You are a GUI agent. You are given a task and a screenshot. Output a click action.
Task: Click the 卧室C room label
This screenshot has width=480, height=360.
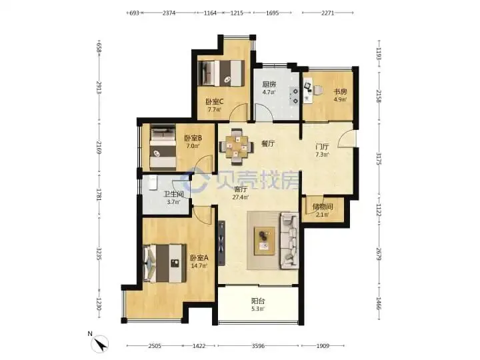pyautogui.click(x=214, y=101)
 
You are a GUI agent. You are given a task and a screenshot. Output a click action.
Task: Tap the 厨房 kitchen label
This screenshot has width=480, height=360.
pyautogui.click(x=269, y=84)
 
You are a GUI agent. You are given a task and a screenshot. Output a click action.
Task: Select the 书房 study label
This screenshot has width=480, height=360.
pyautogui.click(x=340, y=91)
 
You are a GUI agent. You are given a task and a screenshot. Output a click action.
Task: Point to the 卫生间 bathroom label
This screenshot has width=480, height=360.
pyautogui.click(x=173, y=194)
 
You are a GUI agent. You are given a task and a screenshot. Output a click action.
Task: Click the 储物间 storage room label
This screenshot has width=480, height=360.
pyautogui.click(x=323, y=207)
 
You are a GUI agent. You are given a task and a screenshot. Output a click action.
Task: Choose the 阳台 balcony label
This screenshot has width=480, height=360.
pyautogui.click(x=258, y=301)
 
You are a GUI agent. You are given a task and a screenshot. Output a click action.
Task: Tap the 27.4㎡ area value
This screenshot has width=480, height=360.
pyautogui.click(x=240, y=197)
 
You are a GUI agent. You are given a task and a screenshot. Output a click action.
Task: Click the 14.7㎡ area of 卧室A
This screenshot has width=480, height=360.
pyautogui.click(x=199, y=266)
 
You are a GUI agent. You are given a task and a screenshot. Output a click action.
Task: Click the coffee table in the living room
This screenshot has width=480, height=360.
pyautogui.click(x=264, y=241)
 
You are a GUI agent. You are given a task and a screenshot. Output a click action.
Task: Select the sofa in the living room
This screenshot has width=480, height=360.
pyautogui.click(x=289, y=241)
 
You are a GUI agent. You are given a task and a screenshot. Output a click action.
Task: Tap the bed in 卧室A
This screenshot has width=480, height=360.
pyautogui.click(x=165, y=263)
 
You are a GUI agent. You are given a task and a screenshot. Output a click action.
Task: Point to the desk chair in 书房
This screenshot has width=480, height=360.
pyautogui.click(x=318, y=90)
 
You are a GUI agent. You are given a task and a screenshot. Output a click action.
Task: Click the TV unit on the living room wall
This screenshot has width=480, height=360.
pyautogui.click(x=221, y=243)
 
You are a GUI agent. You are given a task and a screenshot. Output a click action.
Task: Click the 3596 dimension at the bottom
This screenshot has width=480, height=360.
pyautogui.click(x=258, y=346)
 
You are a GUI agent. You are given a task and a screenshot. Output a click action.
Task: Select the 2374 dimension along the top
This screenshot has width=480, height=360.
pyautogui.click(x=169, y=13)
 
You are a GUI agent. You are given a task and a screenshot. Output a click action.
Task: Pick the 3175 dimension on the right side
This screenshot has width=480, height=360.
pyautogui.click(x=379, y=159)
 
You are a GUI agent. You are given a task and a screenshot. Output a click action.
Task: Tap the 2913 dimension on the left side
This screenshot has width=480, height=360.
pyautogui.click(x=99, y=88)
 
